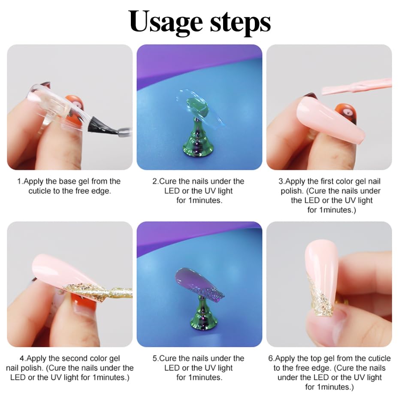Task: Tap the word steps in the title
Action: point(241,22)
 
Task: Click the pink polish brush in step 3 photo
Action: point(356,87)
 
